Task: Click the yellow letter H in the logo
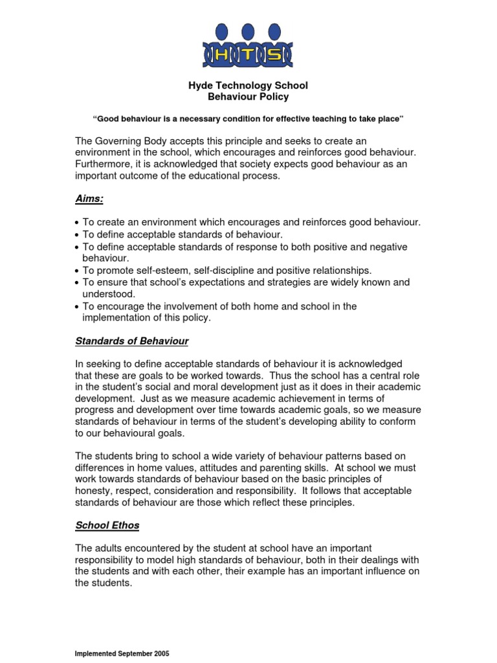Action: (221, 55)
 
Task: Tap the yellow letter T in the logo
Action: (248, 55)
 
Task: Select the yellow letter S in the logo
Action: (275, 55)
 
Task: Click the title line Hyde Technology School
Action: (248, 85)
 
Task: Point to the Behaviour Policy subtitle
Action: (248, 97)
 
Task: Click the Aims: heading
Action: (90, 200)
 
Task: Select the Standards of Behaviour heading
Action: (132, 341)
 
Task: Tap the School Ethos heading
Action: (107, 524)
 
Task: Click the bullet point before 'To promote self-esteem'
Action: (78, 271)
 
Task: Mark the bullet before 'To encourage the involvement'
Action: (78, 307)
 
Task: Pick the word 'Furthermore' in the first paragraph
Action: (103, 164)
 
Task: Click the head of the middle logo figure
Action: (248, 30)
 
